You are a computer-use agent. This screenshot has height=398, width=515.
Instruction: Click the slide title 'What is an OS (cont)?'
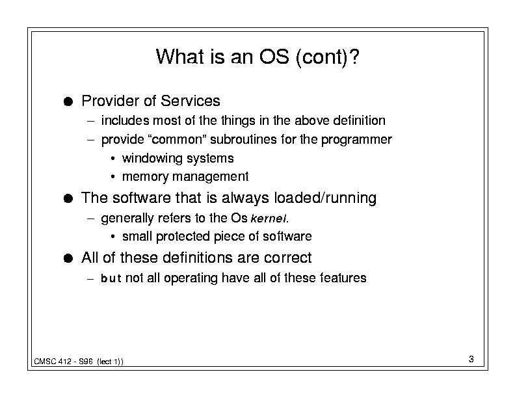[x=257, y=57]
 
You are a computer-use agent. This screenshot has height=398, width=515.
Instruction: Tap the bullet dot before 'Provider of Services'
[x=68, y=101]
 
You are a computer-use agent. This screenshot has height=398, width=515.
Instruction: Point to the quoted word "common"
[x=178, y=140]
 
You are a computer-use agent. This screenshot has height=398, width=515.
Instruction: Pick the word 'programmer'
[x=356, y=140]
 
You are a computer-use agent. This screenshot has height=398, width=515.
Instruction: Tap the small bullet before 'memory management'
[x=112, y=178]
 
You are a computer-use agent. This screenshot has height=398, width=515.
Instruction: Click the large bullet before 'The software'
[x=68, y=198]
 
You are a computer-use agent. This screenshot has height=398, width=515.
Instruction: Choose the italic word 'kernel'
[x=269, y=219]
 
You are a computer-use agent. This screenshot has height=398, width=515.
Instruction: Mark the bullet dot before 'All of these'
[x=68, y=258]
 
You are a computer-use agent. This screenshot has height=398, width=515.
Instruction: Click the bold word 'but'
[x=111, y=278]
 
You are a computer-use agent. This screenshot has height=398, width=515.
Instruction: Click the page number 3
[x=471, y=359]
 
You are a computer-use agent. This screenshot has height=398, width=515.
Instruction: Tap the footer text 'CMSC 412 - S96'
[x=63, y=362]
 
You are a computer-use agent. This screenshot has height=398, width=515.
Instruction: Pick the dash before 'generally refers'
[x=90, y=219]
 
